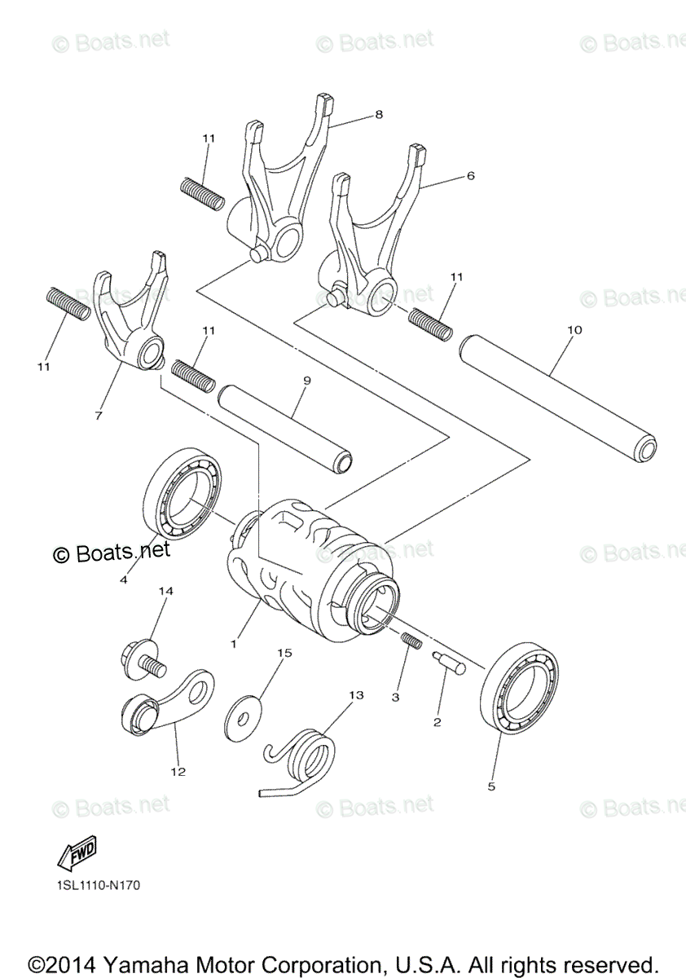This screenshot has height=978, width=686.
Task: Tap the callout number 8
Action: point(378,115)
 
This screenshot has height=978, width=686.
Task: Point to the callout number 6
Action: point(470,175)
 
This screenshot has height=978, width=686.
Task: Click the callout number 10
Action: point(574,329)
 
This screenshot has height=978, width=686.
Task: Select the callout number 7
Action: point(98,416)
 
